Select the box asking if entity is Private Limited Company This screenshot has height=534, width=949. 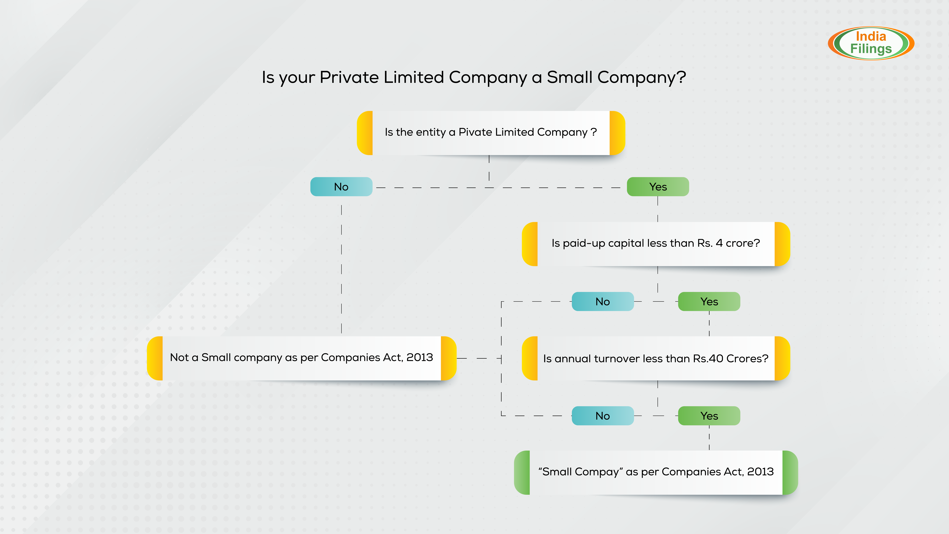tap(491, 133)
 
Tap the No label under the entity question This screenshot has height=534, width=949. tap(341, 187)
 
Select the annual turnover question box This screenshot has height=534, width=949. tap(656, 358)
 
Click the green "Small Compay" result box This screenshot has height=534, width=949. tap(656, 472)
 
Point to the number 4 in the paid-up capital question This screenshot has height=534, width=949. tap(719, 243)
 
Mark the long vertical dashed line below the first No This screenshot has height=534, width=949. tap(342, 269)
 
